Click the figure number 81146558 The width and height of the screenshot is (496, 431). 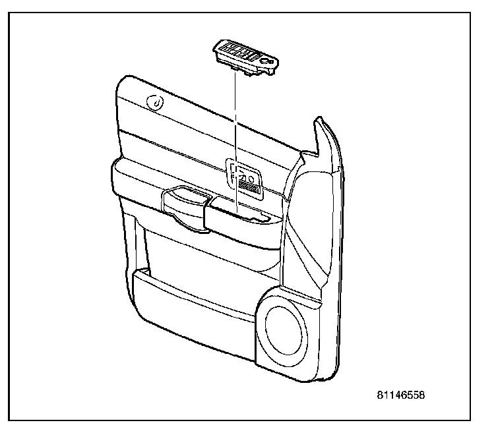tap(401, 396)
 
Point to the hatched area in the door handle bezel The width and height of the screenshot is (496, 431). tap(249, 187)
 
